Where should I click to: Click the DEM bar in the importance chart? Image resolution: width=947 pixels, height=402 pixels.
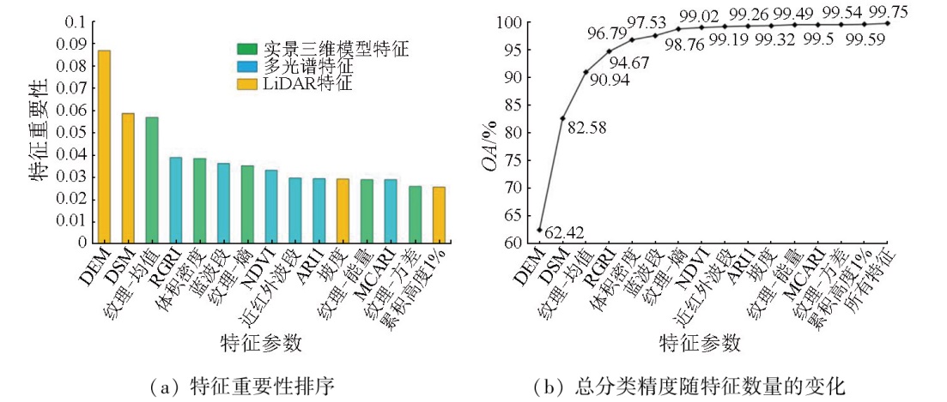(x=104, y=146)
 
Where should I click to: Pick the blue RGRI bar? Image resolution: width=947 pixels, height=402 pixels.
(x=175, y=200)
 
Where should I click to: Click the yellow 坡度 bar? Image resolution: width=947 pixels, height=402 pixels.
(x=343, y=210)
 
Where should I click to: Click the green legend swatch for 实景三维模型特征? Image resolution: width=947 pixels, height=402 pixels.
(x=246, y=49)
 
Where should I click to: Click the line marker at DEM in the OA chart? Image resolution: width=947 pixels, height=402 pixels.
(x=539, y=230)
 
